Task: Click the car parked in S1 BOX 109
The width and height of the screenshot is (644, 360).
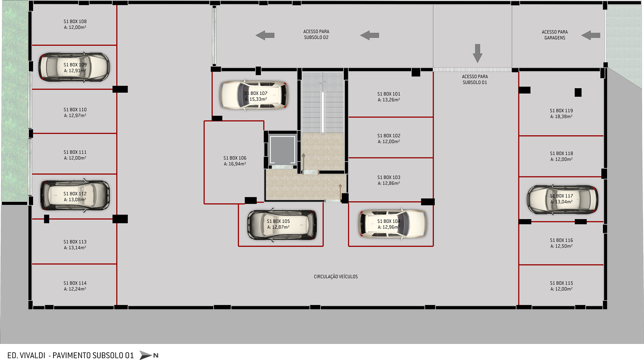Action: tap(74, 67)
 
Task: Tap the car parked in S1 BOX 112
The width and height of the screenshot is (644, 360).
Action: tap(75, 196)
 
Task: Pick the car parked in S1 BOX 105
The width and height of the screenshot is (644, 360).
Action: tap(282, 225)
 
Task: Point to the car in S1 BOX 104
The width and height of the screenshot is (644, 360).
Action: tap(393, 224)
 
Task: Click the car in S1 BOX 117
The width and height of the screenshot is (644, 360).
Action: tap(562, 199)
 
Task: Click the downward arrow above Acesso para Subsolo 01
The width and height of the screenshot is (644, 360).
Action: tap(477, 54)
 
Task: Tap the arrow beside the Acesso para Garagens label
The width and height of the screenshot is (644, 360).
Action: tap(590, 35)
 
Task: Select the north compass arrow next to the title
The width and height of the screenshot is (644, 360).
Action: tap(146, 355)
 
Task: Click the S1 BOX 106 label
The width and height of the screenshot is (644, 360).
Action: tap(235, 158)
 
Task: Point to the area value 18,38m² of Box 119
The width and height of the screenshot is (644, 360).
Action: tap(561, 116)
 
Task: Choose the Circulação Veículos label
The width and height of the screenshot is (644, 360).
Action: tap(336, 277)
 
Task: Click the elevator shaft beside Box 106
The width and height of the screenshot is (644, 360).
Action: tap(282, 150)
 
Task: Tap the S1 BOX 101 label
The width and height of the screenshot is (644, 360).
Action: tap(389, 94)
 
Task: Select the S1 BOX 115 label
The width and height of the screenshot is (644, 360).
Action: tap(561, 283)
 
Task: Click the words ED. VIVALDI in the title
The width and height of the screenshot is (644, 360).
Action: tap(26, 356)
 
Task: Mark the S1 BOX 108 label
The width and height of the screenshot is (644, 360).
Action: tap(75, 21)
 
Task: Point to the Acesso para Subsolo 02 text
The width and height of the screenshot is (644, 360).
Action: tap(316, 35)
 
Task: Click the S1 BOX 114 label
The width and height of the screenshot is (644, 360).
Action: tap(75, 283)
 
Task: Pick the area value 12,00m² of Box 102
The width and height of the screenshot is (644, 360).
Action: tap(389, 141)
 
